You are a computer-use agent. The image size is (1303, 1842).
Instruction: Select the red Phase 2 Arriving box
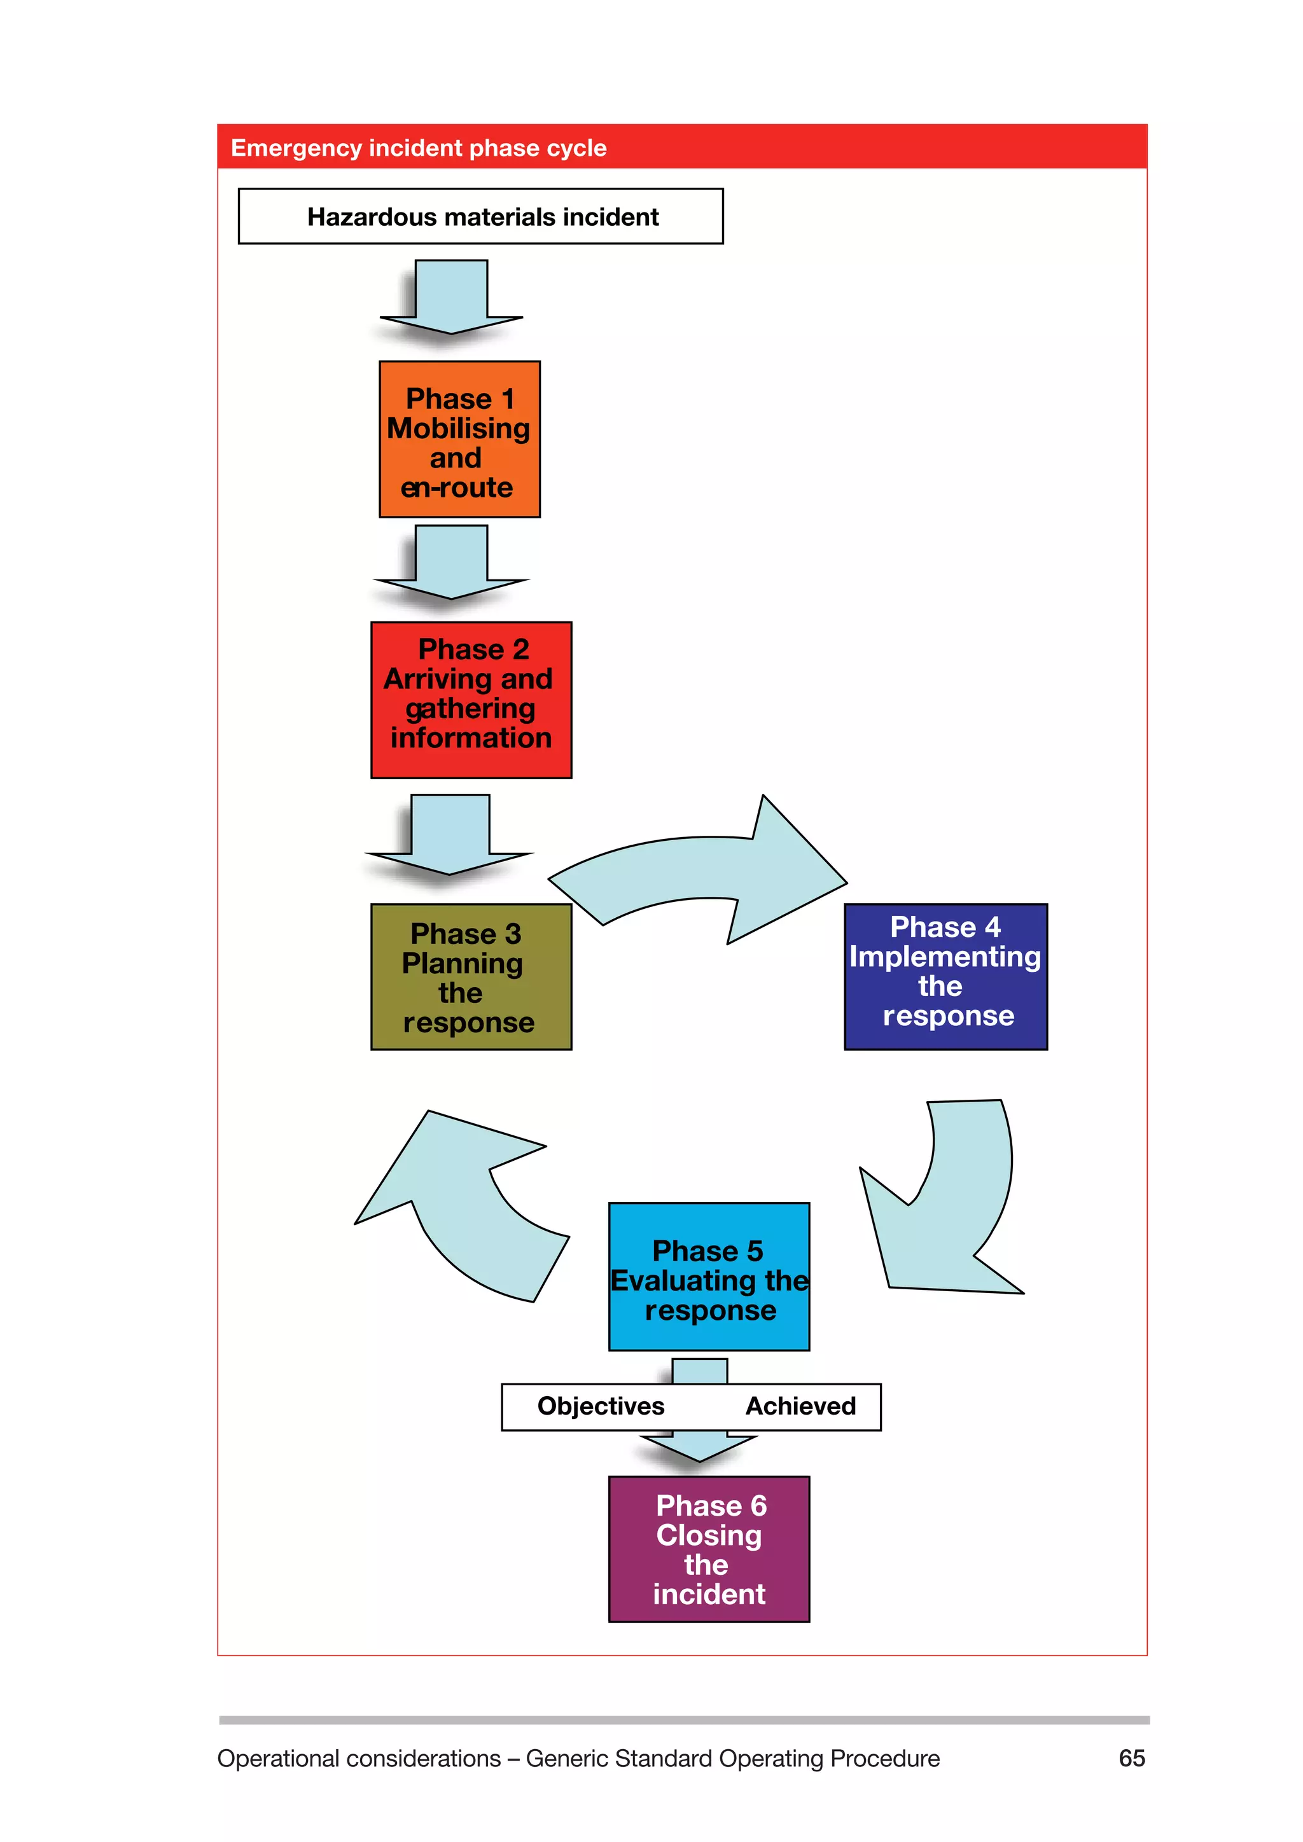coord(471,700)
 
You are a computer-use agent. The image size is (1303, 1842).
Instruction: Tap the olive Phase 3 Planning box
coord(471,976)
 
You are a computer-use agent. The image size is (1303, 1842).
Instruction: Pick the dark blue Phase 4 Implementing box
coord(945,976)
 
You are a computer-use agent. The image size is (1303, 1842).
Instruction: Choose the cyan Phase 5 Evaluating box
coord(709,1277)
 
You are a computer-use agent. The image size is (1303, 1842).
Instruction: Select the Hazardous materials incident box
coord(480,217)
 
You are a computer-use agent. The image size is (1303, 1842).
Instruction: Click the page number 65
coord(1131,1758)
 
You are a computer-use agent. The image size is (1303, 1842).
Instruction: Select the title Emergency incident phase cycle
coord(418,148)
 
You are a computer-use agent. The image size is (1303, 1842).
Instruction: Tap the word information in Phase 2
coord(471,738)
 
